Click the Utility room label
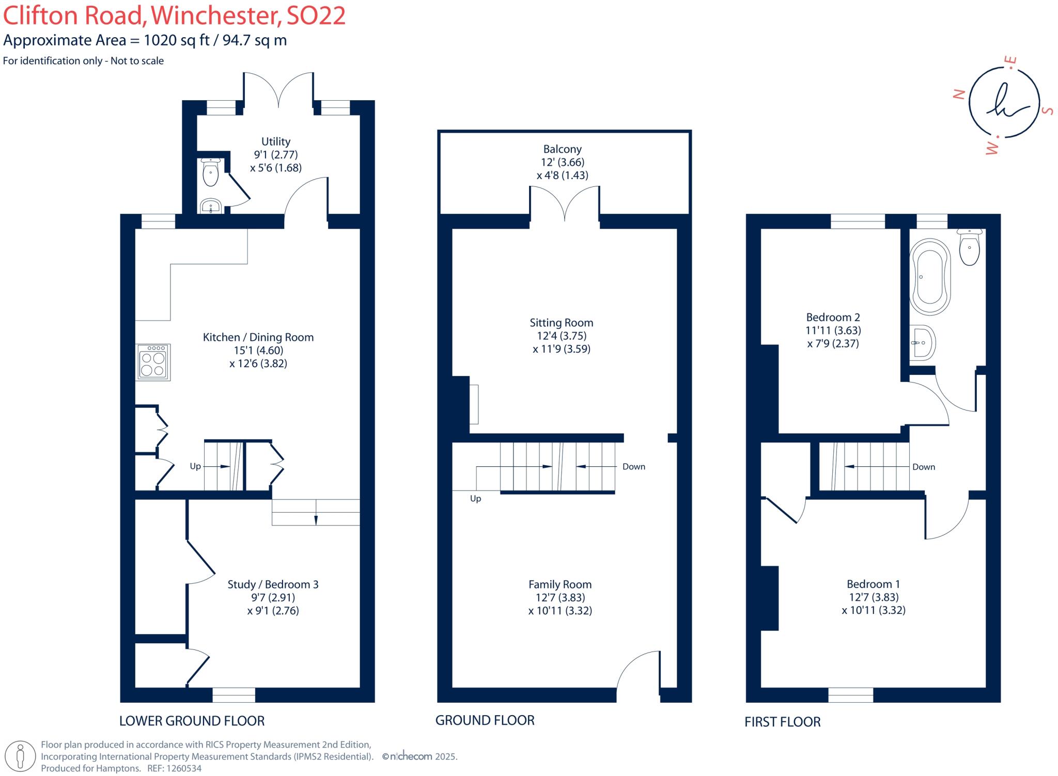point(275,141)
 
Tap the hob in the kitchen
point(153,362)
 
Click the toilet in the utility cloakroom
point(211,172)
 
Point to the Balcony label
point(562,149)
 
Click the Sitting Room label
point(561,323)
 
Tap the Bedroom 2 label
point(833,317)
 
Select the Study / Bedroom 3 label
point(273,584)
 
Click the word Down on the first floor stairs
point(924,467)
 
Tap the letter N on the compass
point(959,94)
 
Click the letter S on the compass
point(1048,110)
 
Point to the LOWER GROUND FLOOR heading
point(192,721)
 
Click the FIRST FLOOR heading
point(782,722)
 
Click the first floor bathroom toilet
point(969,248)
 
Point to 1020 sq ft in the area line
point(176,40)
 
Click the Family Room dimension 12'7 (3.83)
point(560,597)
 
